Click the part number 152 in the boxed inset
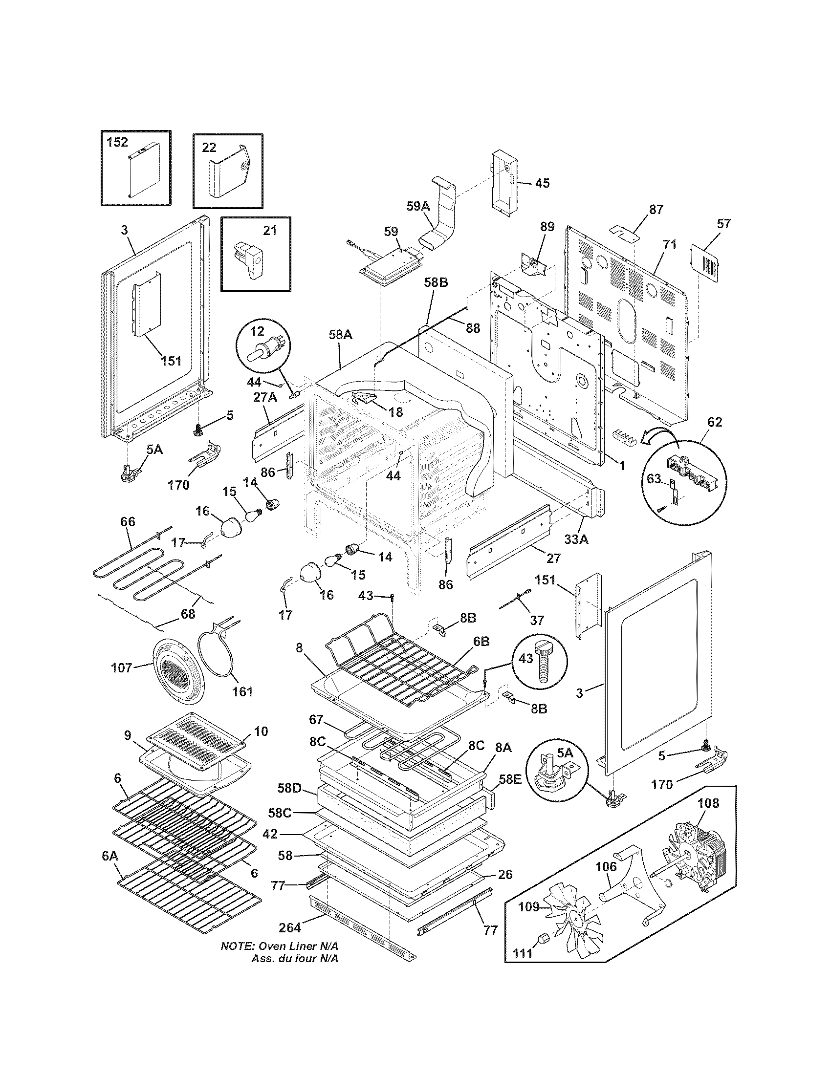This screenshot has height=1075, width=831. coord(117,142)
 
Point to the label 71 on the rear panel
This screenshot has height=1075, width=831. coord(670,245)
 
